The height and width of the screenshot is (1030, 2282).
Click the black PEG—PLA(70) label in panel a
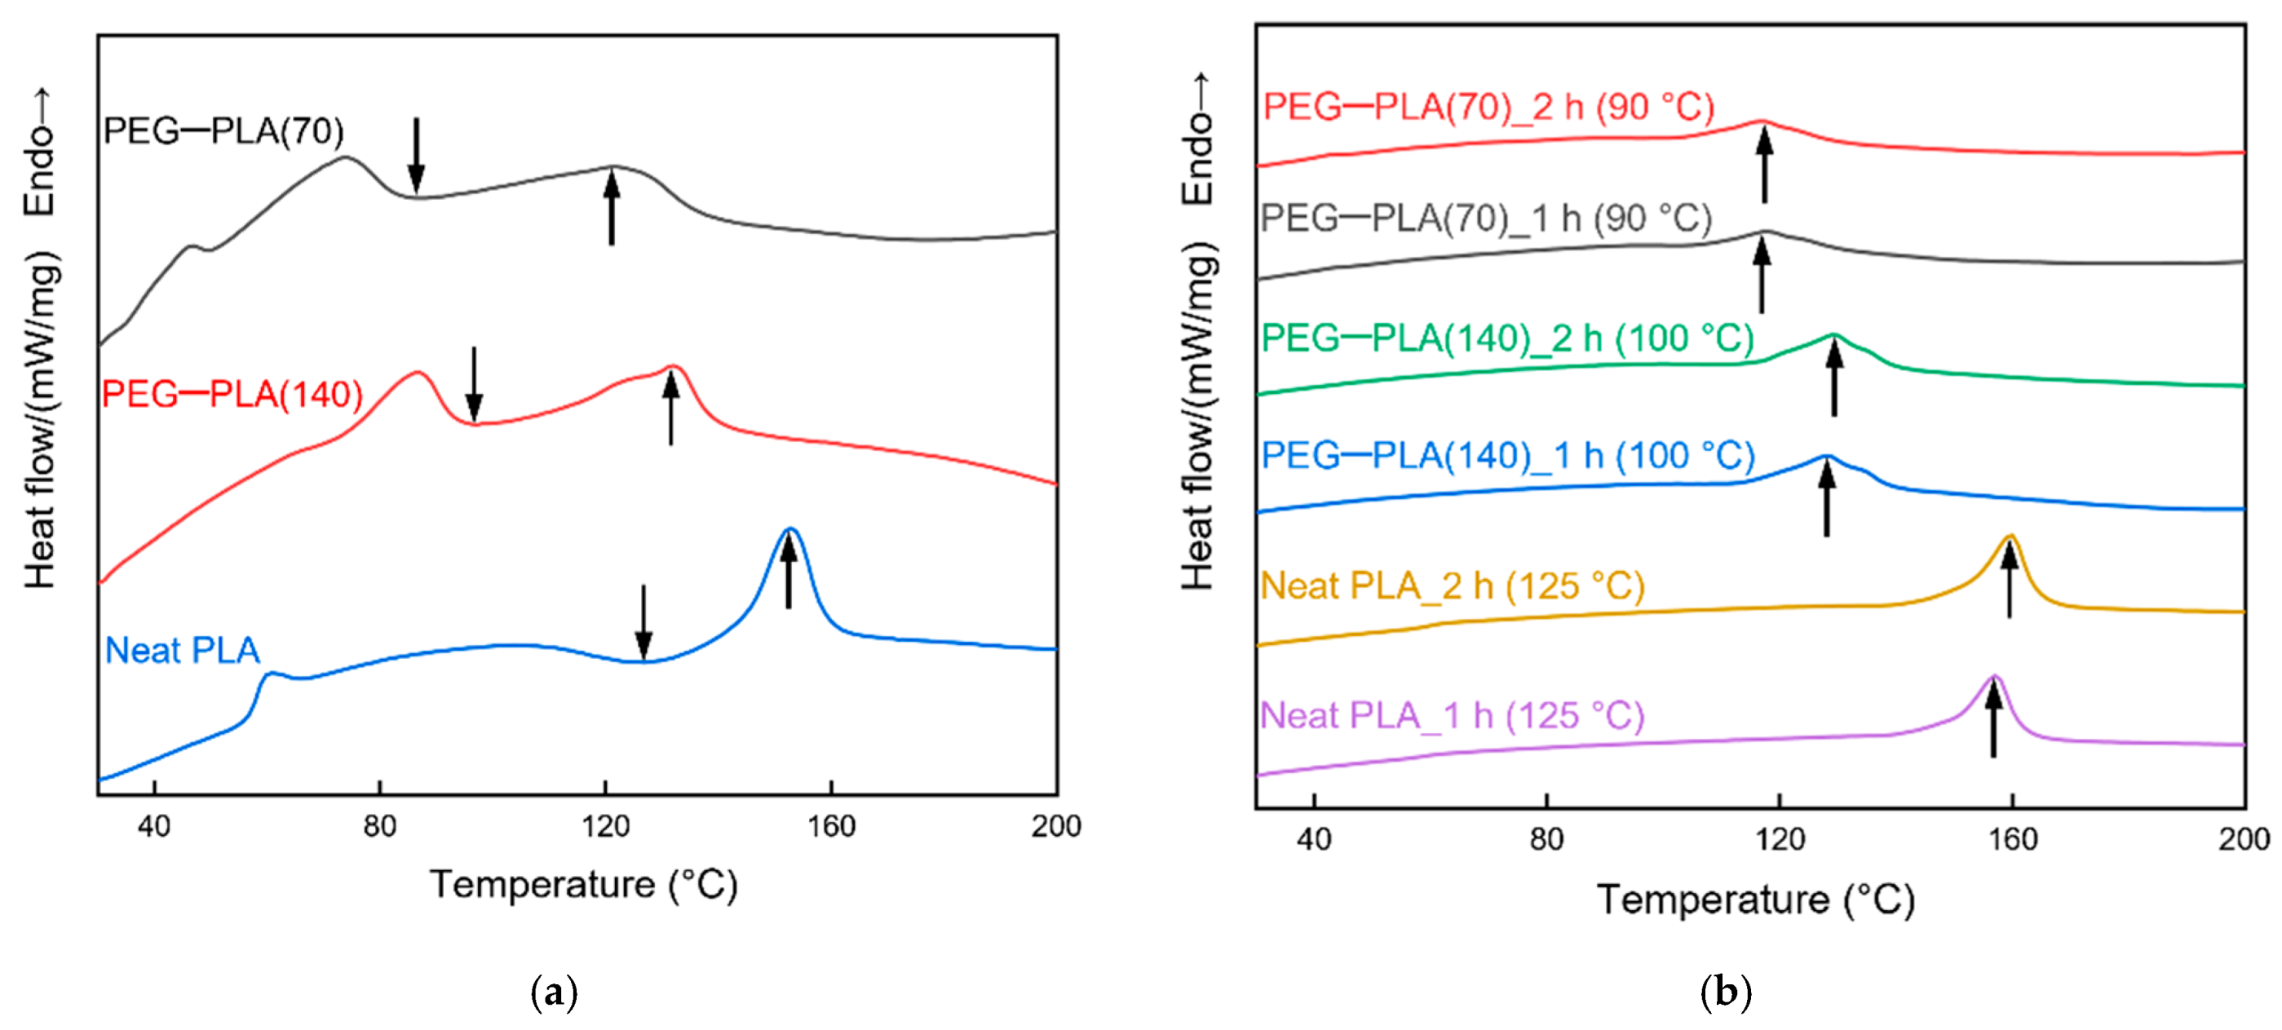223,131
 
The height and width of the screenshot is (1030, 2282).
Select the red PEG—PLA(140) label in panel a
232,394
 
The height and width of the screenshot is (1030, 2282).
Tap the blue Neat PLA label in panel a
183,651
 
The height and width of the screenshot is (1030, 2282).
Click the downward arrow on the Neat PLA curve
644,622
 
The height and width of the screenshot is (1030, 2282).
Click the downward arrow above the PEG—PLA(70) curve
415,155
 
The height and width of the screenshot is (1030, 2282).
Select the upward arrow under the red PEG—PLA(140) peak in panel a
670,409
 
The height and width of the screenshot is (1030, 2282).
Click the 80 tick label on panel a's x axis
379,826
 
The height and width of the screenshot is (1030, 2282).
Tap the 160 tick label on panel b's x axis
2013,838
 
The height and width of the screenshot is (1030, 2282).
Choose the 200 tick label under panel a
1055,826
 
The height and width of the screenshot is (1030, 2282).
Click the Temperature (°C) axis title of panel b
1756,900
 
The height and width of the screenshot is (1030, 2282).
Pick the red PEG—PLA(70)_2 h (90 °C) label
1488,107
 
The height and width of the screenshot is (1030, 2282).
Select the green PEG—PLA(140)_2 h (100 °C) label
1507,338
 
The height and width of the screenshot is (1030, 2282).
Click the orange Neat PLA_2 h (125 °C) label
1452,586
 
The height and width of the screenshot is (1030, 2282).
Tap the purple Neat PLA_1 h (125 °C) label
1452,715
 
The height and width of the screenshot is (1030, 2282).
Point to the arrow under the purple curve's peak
1993,721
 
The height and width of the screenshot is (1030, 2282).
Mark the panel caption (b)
1726,991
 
